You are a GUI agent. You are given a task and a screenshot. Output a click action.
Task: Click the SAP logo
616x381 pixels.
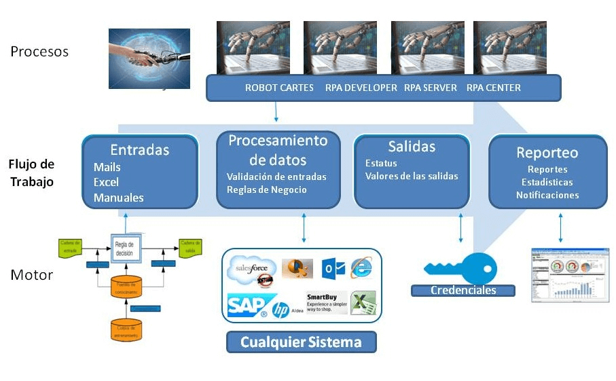point(247,306)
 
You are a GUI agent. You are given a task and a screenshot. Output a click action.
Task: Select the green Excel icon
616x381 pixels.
point(364,302)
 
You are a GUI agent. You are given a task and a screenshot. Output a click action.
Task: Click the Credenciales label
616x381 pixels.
point(463,291)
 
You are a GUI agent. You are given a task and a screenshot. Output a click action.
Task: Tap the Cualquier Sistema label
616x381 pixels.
point(301,342)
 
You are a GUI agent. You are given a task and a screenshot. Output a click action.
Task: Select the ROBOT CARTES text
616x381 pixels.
point(279,88)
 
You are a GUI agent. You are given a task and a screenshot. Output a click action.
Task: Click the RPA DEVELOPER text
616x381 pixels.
point(361,88)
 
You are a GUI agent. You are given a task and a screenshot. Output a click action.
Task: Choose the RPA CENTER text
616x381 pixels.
point(494,88)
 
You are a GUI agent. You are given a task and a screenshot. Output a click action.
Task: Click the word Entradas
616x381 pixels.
point(140,149)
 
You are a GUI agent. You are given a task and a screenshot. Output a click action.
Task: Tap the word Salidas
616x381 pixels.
point(412,147)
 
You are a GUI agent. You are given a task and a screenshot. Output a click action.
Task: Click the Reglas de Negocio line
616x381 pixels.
point(266,189)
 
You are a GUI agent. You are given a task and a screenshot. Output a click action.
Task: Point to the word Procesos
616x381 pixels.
point(39,52)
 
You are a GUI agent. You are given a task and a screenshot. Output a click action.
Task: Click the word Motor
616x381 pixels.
point(31,276)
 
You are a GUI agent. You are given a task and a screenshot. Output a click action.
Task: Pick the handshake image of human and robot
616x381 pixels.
point(149,58)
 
